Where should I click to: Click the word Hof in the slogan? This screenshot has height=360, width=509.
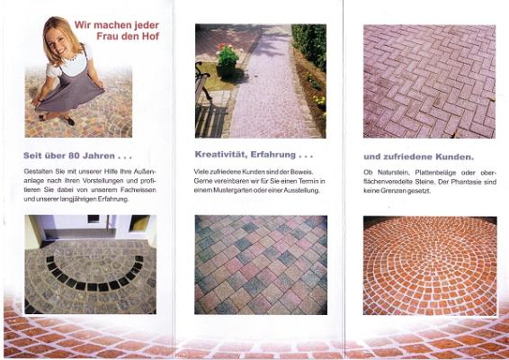pyautogui.click(x=150, y=36)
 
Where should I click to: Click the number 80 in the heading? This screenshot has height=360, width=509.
pyautogui.click(x=75, y=156)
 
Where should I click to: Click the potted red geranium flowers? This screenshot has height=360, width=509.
pyautogui.click(x=228, y=55)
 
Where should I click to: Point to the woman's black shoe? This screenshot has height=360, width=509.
pyautogui.click(x=68, y=121)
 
